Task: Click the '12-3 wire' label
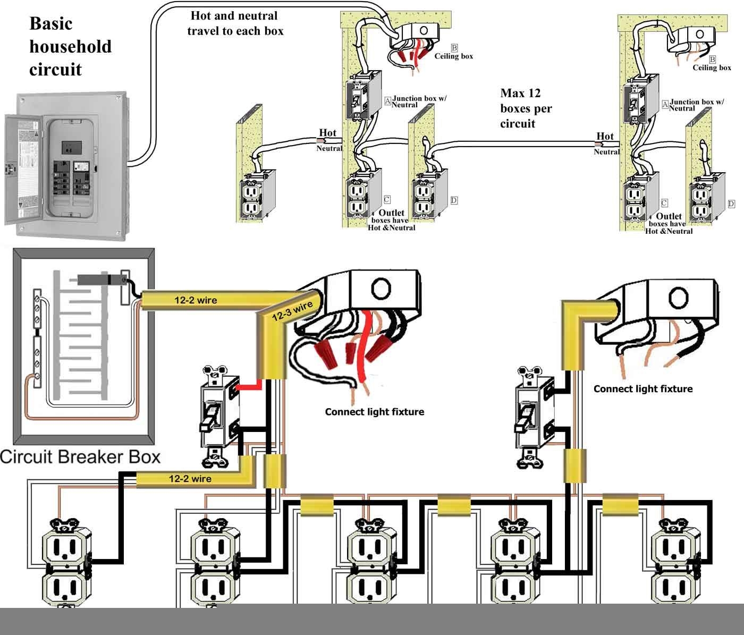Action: (x=292, y=311)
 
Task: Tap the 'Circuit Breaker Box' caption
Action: (x=80, y=457)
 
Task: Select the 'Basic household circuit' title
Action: (x=71, y=46)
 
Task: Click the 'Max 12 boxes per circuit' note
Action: (x=526, y=108)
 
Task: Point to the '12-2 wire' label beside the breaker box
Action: (x=196, y=300)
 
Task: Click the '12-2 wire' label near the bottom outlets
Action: (x=190, y=479)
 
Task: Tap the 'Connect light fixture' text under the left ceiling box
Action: (x=374, y=412)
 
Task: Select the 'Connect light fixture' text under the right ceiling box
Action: (x=643, y=389)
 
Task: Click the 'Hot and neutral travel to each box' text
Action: (x=235, y=23)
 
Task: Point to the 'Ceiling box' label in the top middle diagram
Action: (x=453, y=56)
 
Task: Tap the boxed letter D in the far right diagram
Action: (x=731, y=204)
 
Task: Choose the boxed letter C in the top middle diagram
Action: (x=386, y=200)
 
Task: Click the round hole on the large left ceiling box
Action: (x=381, y=289)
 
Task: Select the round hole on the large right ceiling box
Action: (x=678, y=298)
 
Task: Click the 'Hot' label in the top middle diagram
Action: (x=327, y=133)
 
